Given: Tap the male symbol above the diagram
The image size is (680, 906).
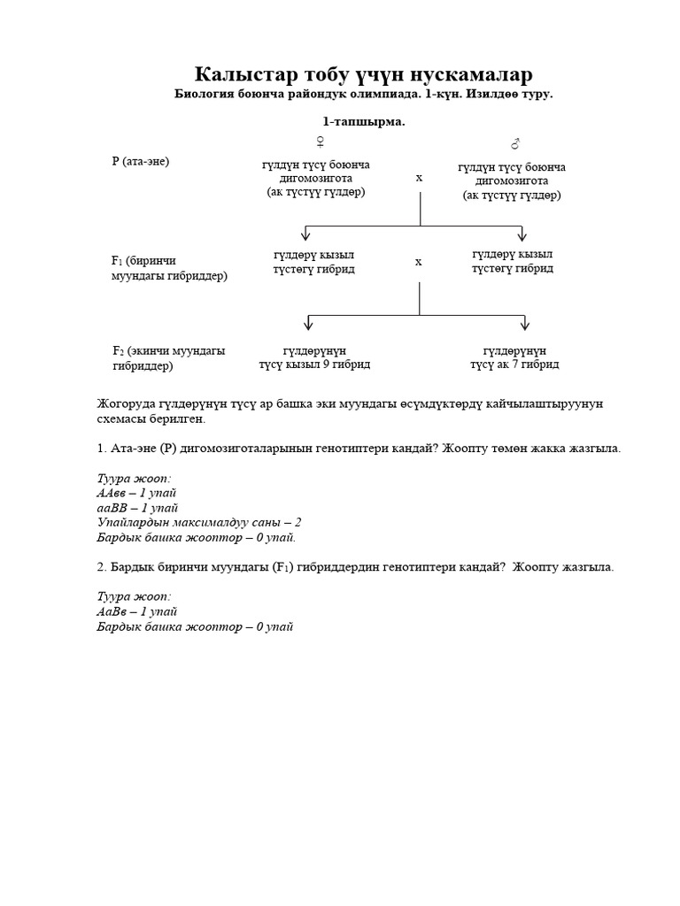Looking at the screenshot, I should tap(514, 143).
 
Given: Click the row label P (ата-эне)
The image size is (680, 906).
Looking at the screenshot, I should tap(140, 161).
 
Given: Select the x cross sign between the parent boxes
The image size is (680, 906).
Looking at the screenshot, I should tap(419, 178).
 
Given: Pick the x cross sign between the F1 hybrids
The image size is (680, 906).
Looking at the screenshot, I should tap(419, 262).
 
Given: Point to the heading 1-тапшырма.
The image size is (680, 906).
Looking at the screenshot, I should tap(363, 122).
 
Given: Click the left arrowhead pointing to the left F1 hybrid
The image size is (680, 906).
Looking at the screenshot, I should tap(306, 235).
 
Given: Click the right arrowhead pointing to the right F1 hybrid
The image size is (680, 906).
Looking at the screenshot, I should tap(522, 235).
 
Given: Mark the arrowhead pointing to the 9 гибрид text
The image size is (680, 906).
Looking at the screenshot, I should tap(306, 323).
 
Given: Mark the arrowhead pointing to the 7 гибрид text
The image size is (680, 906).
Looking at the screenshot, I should tap(525, 323).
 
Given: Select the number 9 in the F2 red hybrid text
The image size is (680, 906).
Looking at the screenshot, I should tap(328, 365).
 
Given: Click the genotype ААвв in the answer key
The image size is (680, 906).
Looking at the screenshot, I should tap(112, 493).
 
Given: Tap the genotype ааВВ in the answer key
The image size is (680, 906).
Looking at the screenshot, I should tap(112, 508).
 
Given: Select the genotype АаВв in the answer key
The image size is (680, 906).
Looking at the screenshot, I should tap(112, 611).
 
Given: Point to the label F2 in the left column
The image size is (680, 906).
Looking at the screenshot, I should tap(117, 351).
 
